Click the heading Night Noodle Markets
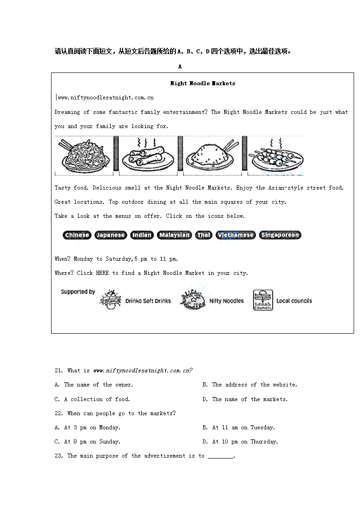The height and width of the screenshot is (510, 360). [203, 83]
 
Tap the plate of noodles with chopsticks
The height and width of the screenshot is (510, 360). [84, 156]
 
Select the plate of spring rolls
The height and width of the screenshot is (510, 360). [148, 156]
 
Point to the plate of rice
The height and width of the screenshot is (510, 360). [212, 156]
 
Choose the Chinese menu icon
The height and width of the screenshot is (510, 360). [77, 235]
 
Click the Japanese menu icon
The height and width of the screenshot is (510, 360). [110, 235]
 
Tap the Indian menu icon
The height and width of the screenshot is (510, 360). [142, 235]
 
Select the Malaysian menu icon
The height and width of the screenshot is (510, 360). [174, 235]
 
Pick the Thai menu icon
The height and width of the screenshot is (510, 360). [204, 235]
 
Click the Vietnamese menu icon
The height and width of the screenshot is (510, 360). [235, 235]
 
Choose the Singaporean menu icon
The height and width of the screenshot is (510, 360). [280, 235]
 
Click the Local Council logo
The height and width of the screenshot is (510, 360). [263, 300]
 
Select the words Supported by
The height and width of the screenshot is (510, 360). [78, 292]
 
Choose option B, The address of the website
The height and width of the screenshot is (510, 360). [250, 385]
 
